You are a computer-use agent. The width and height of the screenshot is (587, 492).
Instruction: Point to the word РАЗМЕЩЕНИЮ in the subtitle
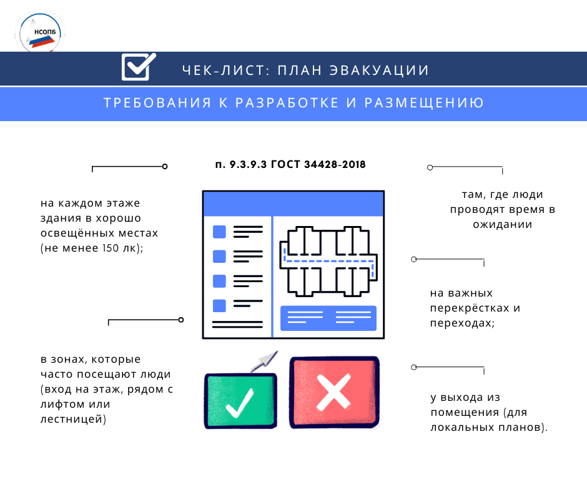point(425,103)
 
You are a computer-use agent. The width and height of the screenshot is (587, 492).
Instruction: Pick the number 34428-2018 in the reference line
point(334,165)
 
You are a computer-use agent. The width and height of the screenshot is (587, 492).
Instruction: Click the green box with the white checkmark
point(240,400)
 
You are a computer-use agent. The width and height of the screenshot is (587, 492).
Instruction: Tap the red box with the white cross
point(335,392)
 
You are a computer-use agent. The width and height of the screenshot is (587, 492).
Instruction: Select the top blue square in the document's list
point(219,232)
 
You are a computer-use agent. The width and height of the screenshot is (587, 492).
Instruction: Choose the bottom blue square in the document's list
point(219,305)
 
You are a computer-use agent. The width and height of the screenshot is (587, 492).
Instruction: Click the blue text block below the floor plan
point(328,318)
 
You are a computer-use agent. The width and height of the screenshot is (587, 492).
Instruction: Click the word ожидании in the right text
point(503,224)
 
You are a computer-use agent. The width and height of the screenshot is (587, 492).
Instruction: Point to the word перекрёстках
point(468,308)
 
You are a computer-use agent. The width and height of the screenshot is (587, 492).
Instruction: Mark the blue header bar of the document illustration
point(292,204)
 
